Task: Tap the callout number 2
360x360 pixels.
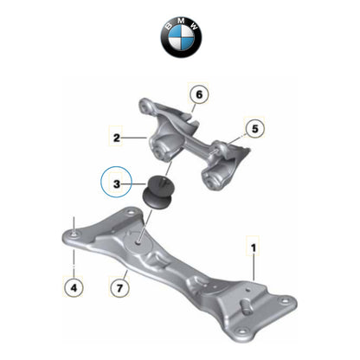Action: click(116, 136)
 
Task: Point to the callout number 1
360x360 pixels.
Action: click(254, 247)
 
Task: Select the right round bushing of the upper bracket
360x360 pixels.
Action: click(210, 179)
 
